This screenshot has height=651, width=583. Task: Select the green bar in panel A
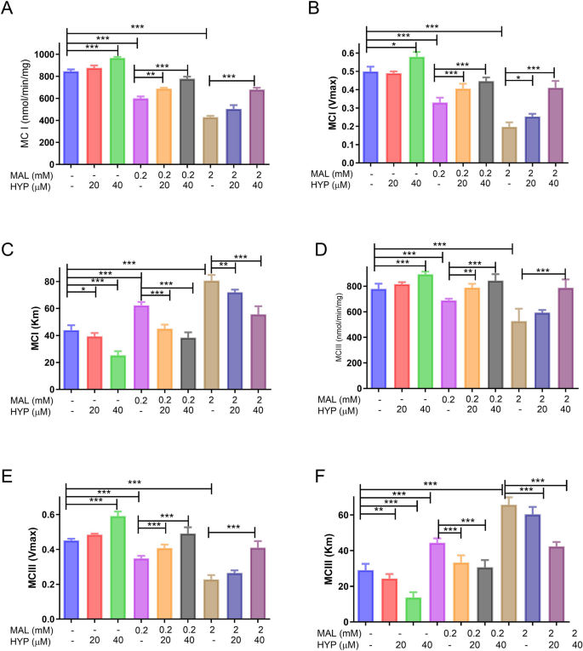pyautogui.click(x=117, y=111)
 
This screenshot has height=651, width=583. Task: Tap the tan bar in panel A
pyautogui.click(x=209, y=140)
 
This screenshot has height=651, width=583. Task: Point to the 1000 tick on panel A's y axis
pyautogui.click(x=51, y=54)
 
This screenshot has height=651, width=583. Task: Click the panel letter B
pyautogui.click(x=312, y=10)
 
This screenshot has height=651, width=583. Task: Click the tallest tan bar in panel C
pyautogui.click(x=211, y=333)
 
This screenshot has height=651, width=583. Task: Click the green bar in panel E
pyautogui.click(x=117, y=567)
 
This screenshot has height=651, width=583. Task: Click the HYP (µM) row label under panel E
pyautogui.click(x=26, y=642)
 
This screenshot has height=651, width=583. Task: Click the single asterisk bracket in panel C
pyautogui.click(x=82, y=290)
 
